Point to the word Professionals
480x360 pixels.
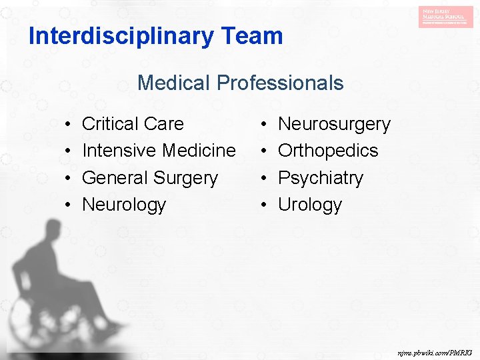(x=279, y=83)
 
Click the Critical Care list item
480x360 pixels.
(x=133, y=124)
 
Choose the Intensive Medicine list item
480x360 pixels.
(x=159, y=151)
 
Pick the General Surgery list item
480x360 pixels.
(x=149, y=178)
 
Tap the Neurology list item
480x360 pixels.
(x=124, y=205)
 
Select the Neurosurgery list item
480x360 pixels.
(x=334, y=124)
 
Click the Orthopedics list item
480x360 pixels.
(x=328, y=151)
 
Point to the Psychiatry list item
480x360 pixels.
(x=321, y=178)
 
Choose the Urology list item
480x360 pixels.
(x=310, y=205)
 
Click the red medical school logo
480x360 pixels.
(x=446, y=16)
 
